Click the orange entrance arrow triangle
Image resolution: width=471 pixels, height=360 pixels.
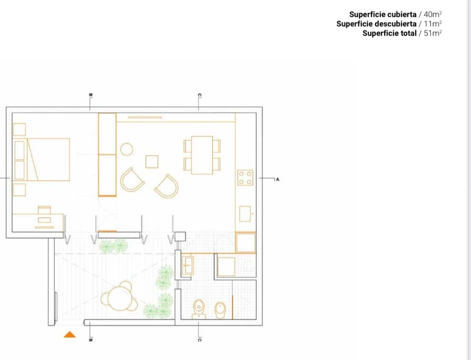(x=69, y=335)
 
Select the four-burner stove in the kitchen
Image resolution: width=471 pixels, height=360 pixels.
(x=245, y=177)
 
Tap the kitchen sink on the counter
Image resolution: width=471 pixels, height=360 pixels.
(x=245, y=214)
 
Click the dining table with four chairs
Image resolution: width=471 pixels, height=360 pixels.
(x=202, y=155)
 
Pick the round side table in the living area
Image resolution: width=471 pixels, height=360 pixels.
(x=127, y=149)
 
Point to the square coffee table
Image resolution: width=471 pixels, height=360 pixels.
(x=152, y=161)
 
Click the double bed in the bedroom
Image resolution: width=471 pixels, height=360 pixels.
(x=42, y=160)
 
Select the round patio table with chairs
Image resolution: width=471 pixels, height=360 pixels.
(x=120, y=296)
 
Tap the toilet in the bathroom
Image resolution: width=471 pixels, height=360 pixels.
(x=198, y=309)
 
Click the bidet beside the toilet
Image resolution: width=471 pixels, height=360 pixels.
(x=220, y=310)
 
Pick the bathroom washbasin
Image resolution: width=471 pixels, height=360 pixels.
(x=187, y=266)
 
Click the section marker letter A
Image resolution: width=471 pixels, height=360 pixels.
(x=277, y=179)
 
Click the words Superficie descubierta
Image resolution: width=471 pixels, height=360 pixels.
(x=376, y=24)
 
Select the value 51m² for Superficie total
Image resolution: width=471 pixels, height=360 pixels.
(x=433, y=33)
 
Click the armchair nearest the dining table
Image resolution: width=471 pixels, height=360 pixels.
(x=167, y=186)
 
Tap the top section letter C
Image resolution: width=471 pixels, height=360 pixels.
(x=200, y=95)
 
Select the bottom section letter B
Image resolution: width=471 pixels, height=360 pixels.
(x=91, y=340)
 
